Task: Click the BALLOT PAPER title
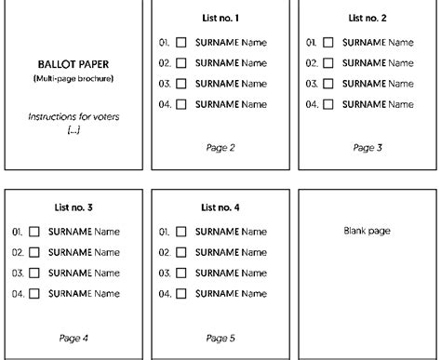[x=73, y=65]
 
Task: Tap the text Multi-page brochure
[x=73, y=79]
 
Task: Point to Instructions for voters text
[x=73, y=117]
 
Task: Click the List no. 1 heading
[x=220, y=19]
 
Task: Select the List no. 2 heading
[x=367, y=19]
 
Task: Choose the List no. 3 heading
[x=73, y=207]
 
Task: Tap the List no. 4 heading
[x=220, y=207]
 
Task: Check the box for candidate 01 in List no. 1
[x=181, y=43]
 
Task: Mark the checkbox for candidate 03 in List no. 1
[x=181, y=84]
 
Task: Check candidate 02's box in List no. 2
[x=328, y=63]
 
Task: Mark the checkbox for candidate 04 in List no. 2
[x=328, y=104]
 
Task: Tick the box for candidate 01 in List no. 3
[x=34, y=232]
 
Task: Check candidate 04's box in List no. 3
[x=34, y=293]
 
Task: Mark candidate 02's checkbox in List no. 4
[x=181, y=252]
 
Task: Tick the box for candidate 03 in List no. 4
[x=181, y=273]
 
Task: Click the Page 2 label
[x=220, y=147]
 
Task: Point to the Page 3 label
[x=367, y=147]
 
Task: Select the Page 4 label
[x=73, y=337]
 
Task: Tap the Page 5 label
[x=220, y=337]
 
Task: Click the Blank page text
[x=367, y=230]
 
